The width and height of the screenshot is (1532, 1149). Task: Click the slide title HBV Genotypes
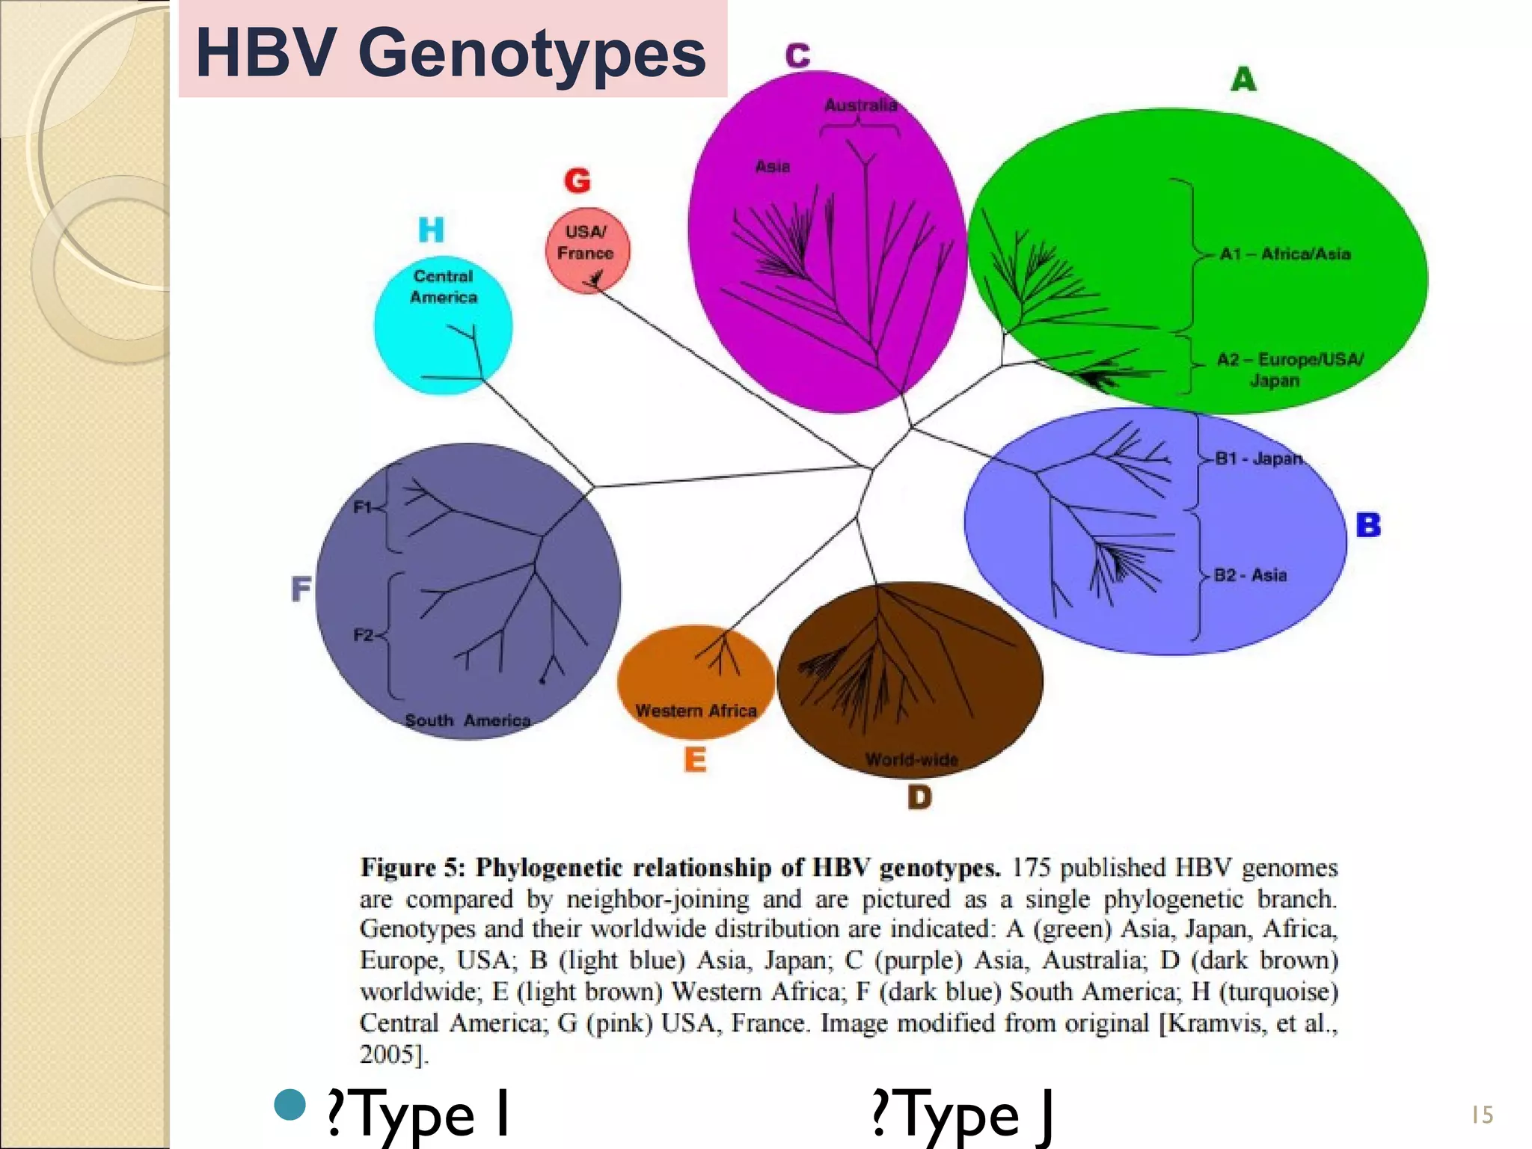(450, 52)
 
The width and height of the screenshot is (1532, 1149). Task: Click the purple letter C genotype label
(797, 55)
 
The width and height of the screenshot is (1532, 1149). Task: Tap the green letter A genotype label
(1243, 79)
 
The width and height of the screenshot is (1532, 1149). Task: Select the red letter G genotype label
(577, 181)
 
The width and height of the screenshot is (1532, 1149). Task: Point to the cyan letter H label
(431, 230)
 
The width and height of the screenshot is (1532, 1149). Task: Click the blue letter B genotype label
(1368, 525)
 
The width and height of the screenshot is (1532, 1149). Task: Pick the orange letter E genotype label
(695, 760)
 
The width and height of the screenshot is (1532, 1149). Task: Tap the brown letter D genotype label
(919, 797)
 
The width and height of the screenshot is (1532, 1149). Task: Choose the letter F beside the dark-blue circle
(301, 589)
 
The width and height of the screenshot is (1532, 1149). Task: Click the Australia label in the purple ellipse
(860, 105)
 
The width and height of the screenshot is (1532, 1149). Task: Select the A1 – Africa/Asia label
(1284, 254)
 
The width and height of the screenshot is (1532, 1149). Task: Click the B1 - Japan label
(1258, 459)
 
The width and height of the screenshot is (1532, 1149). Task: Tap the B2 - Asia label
(1250, 575)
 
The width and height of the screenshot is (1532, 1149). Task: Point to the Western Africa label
(696, 711)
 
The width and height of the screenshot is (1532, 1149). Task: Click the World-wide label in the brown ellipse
(911, 760)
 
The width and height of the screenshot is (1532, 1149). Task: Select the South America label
(468, 720)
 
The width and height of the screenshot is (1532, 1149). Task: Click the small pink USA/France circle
(587, 250)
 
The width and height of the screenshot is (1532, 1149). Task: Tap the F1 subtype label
(363, 507)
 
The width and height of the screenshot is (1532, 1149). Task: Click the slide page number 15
(1482, 1115)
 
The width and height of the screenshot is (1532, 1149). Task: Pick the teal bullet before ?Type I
(290, 1104)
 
